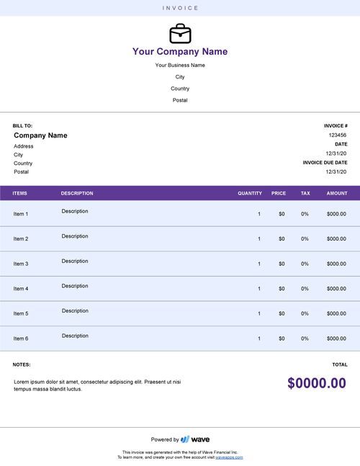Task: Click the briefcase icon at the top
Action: pos(180,34)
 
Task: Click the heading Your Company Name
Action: pos(180,52)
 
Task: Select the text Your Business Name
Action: pos(180,66)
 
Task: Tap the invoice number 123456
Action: pos(337,135)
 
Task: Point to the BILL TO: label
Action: pos(22,125)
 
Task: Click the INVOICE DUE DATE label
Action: pos(325,163)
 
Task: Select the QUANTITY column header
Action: pos(250,193)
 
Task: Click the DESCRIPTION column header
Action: pos(77,193)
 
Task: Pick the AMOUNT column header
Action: pos(336,193)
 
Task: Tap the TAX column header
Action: pos(305,193)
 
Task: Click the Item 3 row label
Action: pos(21,264)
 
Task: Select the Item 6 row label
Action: pos(21,339)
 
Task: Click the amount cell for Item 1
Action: pos(336,214)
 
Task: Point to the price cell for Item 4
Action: pos(282,289)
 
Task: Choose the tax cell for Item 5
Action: pos(305,313)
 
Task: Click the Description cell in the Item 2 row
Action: pos(75,236)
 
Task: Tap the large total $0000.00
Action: pos(317,383)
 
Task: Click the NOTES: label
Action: pos(22,364)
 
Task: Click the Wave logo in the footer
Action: pos(195,439)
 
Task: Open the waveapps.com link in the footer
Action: pos(228,457)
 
